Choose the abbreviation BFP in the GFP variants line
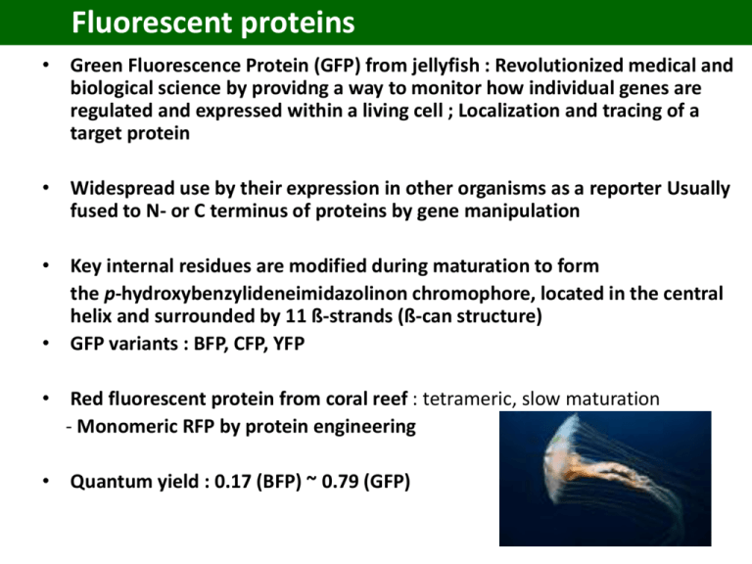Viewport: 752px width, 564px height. (x=211, y=344)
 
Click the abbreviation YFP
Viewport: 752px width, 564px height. (x=289, y=344)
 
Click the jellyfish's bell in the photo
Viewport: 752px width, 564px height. (x=561, y=450)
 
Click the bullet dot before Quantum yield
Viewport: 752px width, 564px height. (x=46, y=481)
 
